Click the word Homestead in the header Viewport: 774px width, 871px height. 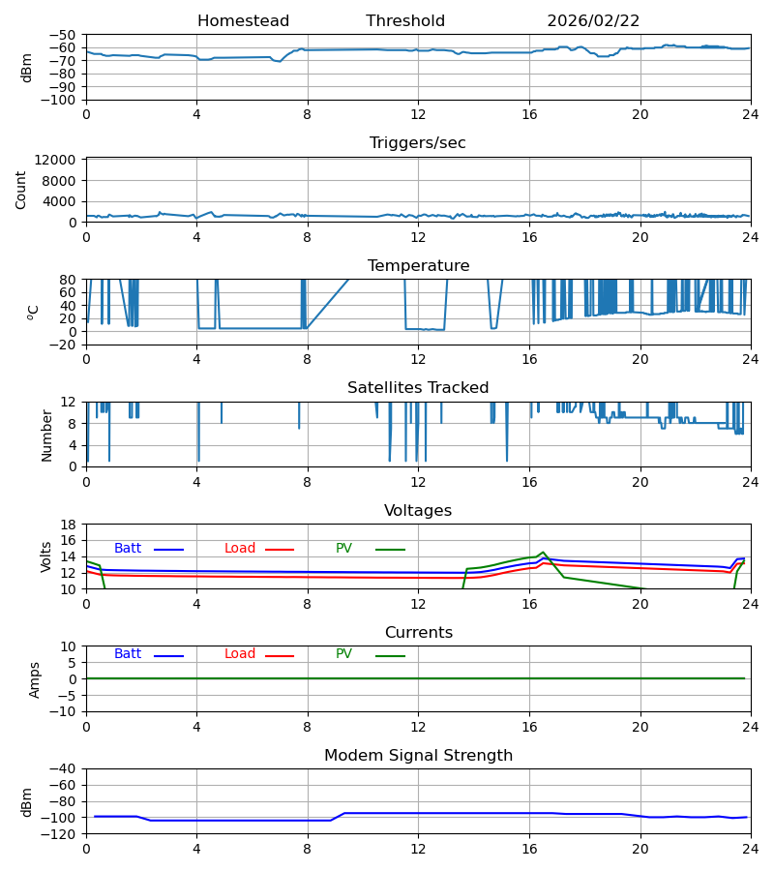tap(243, 21)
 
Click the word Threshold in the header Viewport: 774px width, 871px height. tap(405, 21)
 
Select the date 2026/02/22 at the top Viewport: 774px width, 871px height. tap(593, 21)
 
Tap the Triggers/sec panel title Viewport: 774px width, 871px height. tap(418, 143)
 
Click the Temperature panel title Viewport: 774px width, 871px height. tap(418, 266)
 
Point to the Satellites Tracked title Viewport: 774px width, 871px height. tap(418, 388)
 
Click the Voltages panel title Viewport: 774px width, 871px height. tap(418, 511)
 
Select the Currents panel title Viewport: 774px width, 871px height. tap(418, 633)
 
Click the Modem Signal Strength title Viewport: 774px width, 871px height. tap(418, 756)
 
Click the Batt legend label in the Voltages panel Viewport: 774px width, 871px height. tap(128, 549)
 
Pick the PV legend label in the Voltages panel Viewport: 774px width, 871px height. tap(343, 549)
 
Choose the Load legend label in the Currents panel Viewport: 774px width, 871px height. tap(240, 654)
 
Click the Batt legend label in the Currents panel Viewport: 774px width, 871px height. tap(128, 654)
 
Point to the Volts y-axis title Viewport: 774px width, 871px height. tap(46, 556)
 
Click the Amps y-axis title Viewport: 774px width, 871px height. tap(35, 679)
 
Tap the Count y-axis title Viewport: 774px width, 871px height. tap(21, 190)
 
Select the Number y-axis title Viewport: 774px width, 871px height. tap(46, 435)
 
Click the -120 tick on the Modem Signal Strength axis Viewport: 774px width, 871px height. tap(62, 834)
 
